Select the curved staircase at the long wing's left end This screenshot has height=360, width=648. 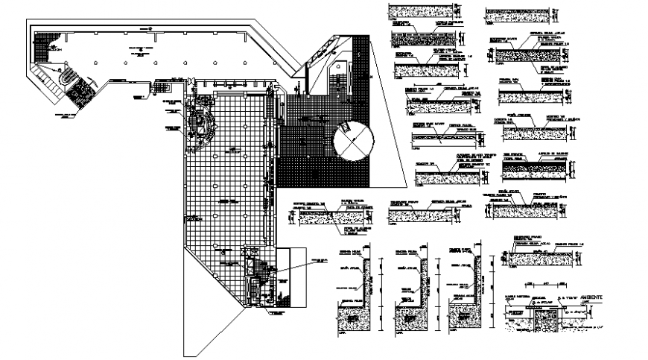(x=66, y=75)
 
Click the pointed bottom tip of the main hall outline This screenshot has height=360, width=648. (x=185, y=354)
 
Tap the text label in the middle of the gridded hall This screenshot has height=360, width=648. (x=223, y=201)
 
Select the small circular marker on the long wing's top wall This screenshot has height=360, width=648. (x=150, y=27)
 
